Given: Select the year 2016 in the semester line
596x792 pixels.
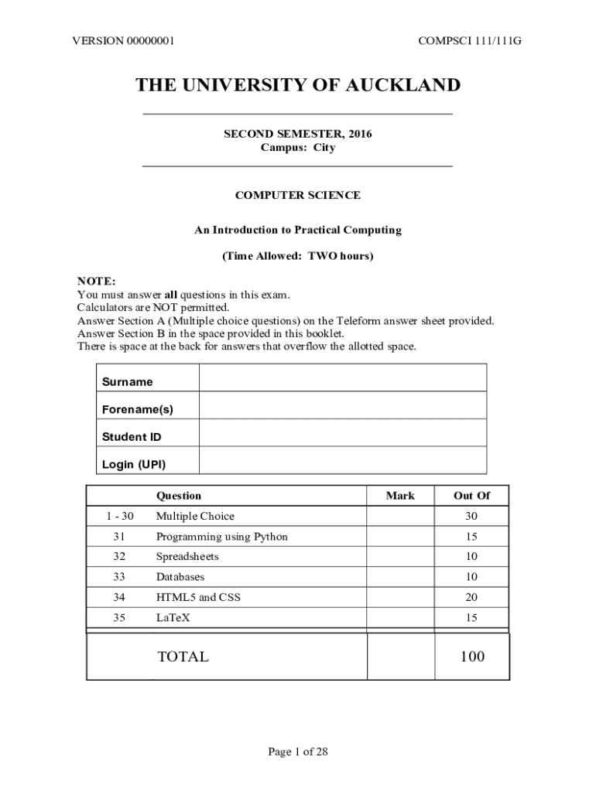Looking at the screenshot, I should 360,134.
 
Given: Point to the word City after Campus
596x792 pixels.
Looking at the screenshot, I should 324,147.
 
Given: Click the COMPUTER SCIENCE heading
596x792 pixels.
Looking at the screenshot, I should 297,196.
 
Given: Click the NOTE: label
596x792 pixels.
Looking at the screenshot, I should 96,281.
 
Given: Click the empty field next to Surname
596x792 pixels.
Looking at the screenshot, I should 342,378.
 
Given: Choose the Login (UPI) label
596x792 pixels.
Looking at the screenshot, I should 134,464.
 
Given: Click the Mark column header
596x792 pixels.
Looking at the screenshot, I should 400,496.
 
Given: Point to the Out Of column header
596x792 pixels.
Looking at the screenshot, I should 471,496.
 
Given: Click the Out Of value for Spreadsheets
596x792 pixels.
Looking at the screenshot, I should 471,557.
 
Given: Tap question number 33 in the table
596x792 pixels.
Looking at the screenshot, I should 118,577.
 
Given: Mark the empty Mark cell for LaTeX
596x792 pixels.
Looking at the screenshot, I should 400,617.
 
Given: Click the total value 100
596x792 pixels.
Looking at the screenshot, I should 471,657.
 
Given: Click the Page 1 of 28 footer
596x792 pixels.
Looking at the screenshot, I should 298,752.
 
